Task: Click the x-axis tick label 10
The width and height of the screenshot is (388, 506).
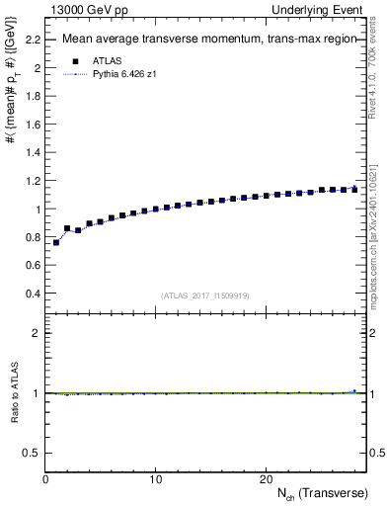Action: click(x=155, y=479)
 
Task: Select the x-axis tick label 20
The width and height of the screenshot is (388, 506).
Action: click(x=266, y=479)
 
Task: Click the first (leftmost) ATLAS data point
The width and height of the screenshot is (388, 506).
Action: click(x=56, y=242)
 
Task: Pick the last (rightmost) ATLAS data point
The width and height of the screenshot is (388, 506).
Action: click(x=354, y=189)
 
